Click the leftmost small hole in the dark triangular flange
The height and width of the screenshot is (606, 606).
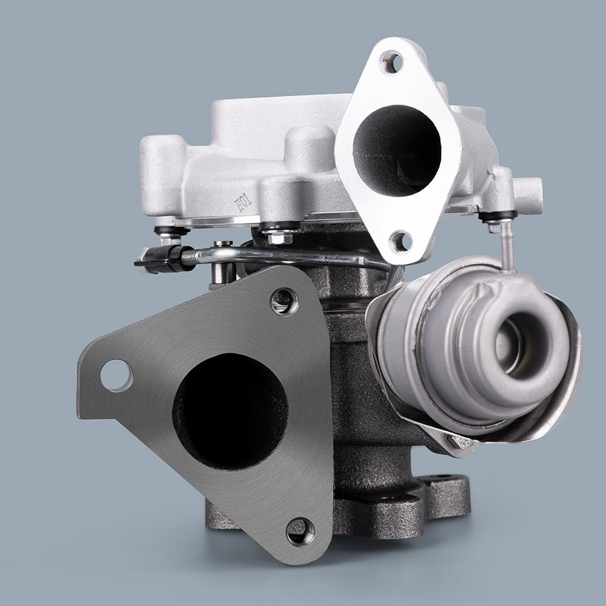pyautogui.click(x=116, y=375)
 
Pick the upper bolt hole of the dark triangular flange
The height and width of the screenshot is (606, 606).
pyautogui.click(x=284, y=301)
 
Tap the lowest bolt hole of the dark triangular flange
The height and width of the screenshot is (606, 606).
pyautogui.click(x=300, y=531)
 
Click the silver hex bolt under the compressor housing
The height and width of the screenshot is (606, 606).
pyautogui.click(x=279, y=236)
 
